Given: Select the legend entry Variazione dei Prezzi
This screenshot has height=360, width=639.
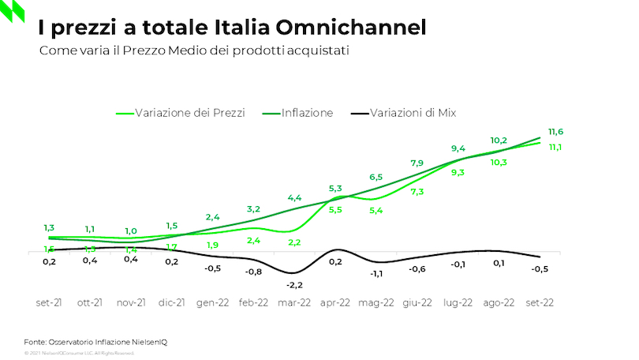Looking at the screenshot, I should pos(189,113).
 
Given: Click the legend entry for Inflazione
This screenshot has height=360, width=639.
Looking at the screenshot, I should pos(307,113).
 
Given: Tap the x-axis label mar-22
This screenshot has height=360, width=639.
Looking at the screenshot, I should pos(294,302).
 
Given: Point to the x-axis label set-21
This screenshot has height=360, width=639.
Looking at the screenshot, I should pos(49,302).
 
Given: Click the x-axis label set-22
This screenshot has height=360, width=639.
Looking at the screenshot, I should pos(539,302).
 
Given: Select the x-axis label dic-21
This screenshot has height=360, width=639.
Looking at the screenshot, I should pos(171,302).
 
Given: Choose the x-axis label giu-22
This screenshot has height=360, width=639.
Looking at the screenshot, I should pos(417,302).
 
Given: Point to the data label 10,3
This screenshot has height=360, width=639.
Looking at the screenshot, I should pos(498,162).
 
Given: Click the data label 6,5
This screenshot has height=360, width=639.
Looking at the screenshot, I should pos(376,177).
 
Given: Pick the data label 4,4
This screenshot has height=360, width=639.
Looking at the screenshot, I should pos(294,197).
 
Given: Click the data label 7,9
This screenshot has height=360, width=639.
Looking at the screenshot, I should pos(417,163).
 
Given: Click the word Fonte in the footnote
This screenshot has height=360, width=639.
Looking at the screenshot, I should pos(35,341).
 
